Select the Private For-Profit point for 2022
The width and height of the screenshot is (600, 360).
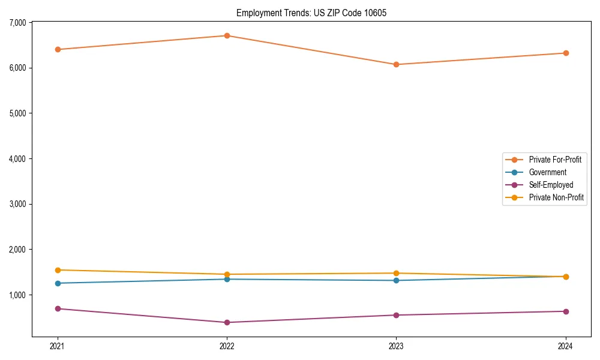coord(227,35)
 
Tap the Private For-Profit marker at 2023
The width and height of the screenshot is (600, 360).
coord(396,64)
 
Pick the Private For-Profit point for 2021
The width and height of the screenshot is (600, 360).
coord(58,49)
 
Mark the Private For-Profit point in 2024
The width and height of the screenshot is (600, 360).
coord(566,53)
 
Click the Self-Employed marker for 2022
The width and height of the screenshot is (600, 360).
coord(227,322)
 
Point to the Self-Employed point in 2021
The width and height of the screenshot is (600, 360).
coord(58,308)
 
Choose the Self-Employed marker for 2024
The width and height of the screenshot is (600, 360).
coord(566,311)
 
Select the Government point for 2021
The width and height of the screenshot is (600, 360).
coord(58,283)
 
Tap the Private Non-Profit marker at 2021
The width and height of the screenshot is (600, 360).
coord(58,270)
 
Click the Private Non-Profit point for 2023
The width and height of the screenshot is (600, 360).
coord(396,273)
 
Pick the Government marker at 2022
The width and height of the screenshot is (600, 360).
coord(227,279)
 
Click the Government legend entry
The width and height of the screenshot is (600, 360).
coord(547,172)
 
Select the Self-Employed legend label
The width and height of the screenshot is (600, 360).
coord(551,185)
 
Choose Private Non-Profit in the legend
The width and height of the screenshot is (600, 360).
coord(556,197)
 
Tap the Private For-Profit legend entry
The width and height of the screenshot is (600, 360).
coord(555,160)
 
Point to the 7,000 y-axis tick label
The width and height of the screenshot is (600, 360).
coord(19,23)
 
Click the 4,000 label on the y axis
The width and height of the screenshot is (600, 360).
coord(19,159)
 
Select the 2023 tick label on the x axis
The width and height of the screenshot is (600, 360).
coord(396,346)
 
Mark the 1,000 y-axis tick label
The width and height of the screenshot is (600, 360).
coord(19,295)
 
